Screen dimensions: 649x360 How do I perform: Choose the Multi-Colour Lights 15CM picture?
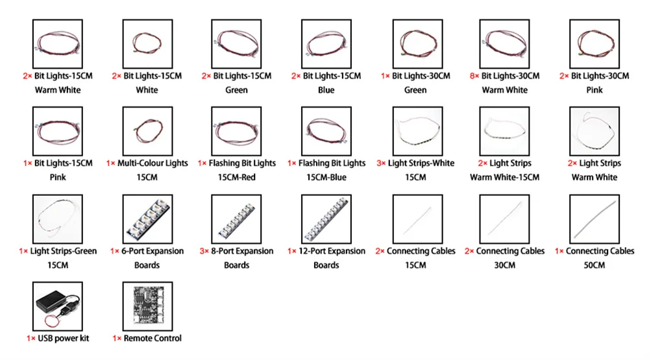[147, 130]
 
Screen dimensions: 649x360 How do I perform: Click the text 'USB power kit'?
[64, 338]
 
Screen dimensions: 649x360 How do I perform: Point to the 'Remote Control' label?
[153, 338]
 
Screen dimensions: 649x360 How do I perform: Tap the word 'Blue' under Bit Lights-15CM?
[326, 90]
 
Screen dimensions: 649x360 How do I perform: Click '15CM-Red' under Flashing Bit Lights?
[237, 177]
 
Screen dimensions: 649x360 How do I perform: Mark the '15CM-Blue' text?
[326, 177]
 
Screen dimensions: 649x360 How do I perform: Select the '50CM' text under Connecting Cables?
[594, 265]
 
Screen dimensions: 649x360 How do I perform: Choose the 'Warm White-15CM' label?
[505, 177]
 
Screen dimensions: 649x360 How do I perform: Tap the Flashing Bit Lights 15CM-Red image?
[236, 130]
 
